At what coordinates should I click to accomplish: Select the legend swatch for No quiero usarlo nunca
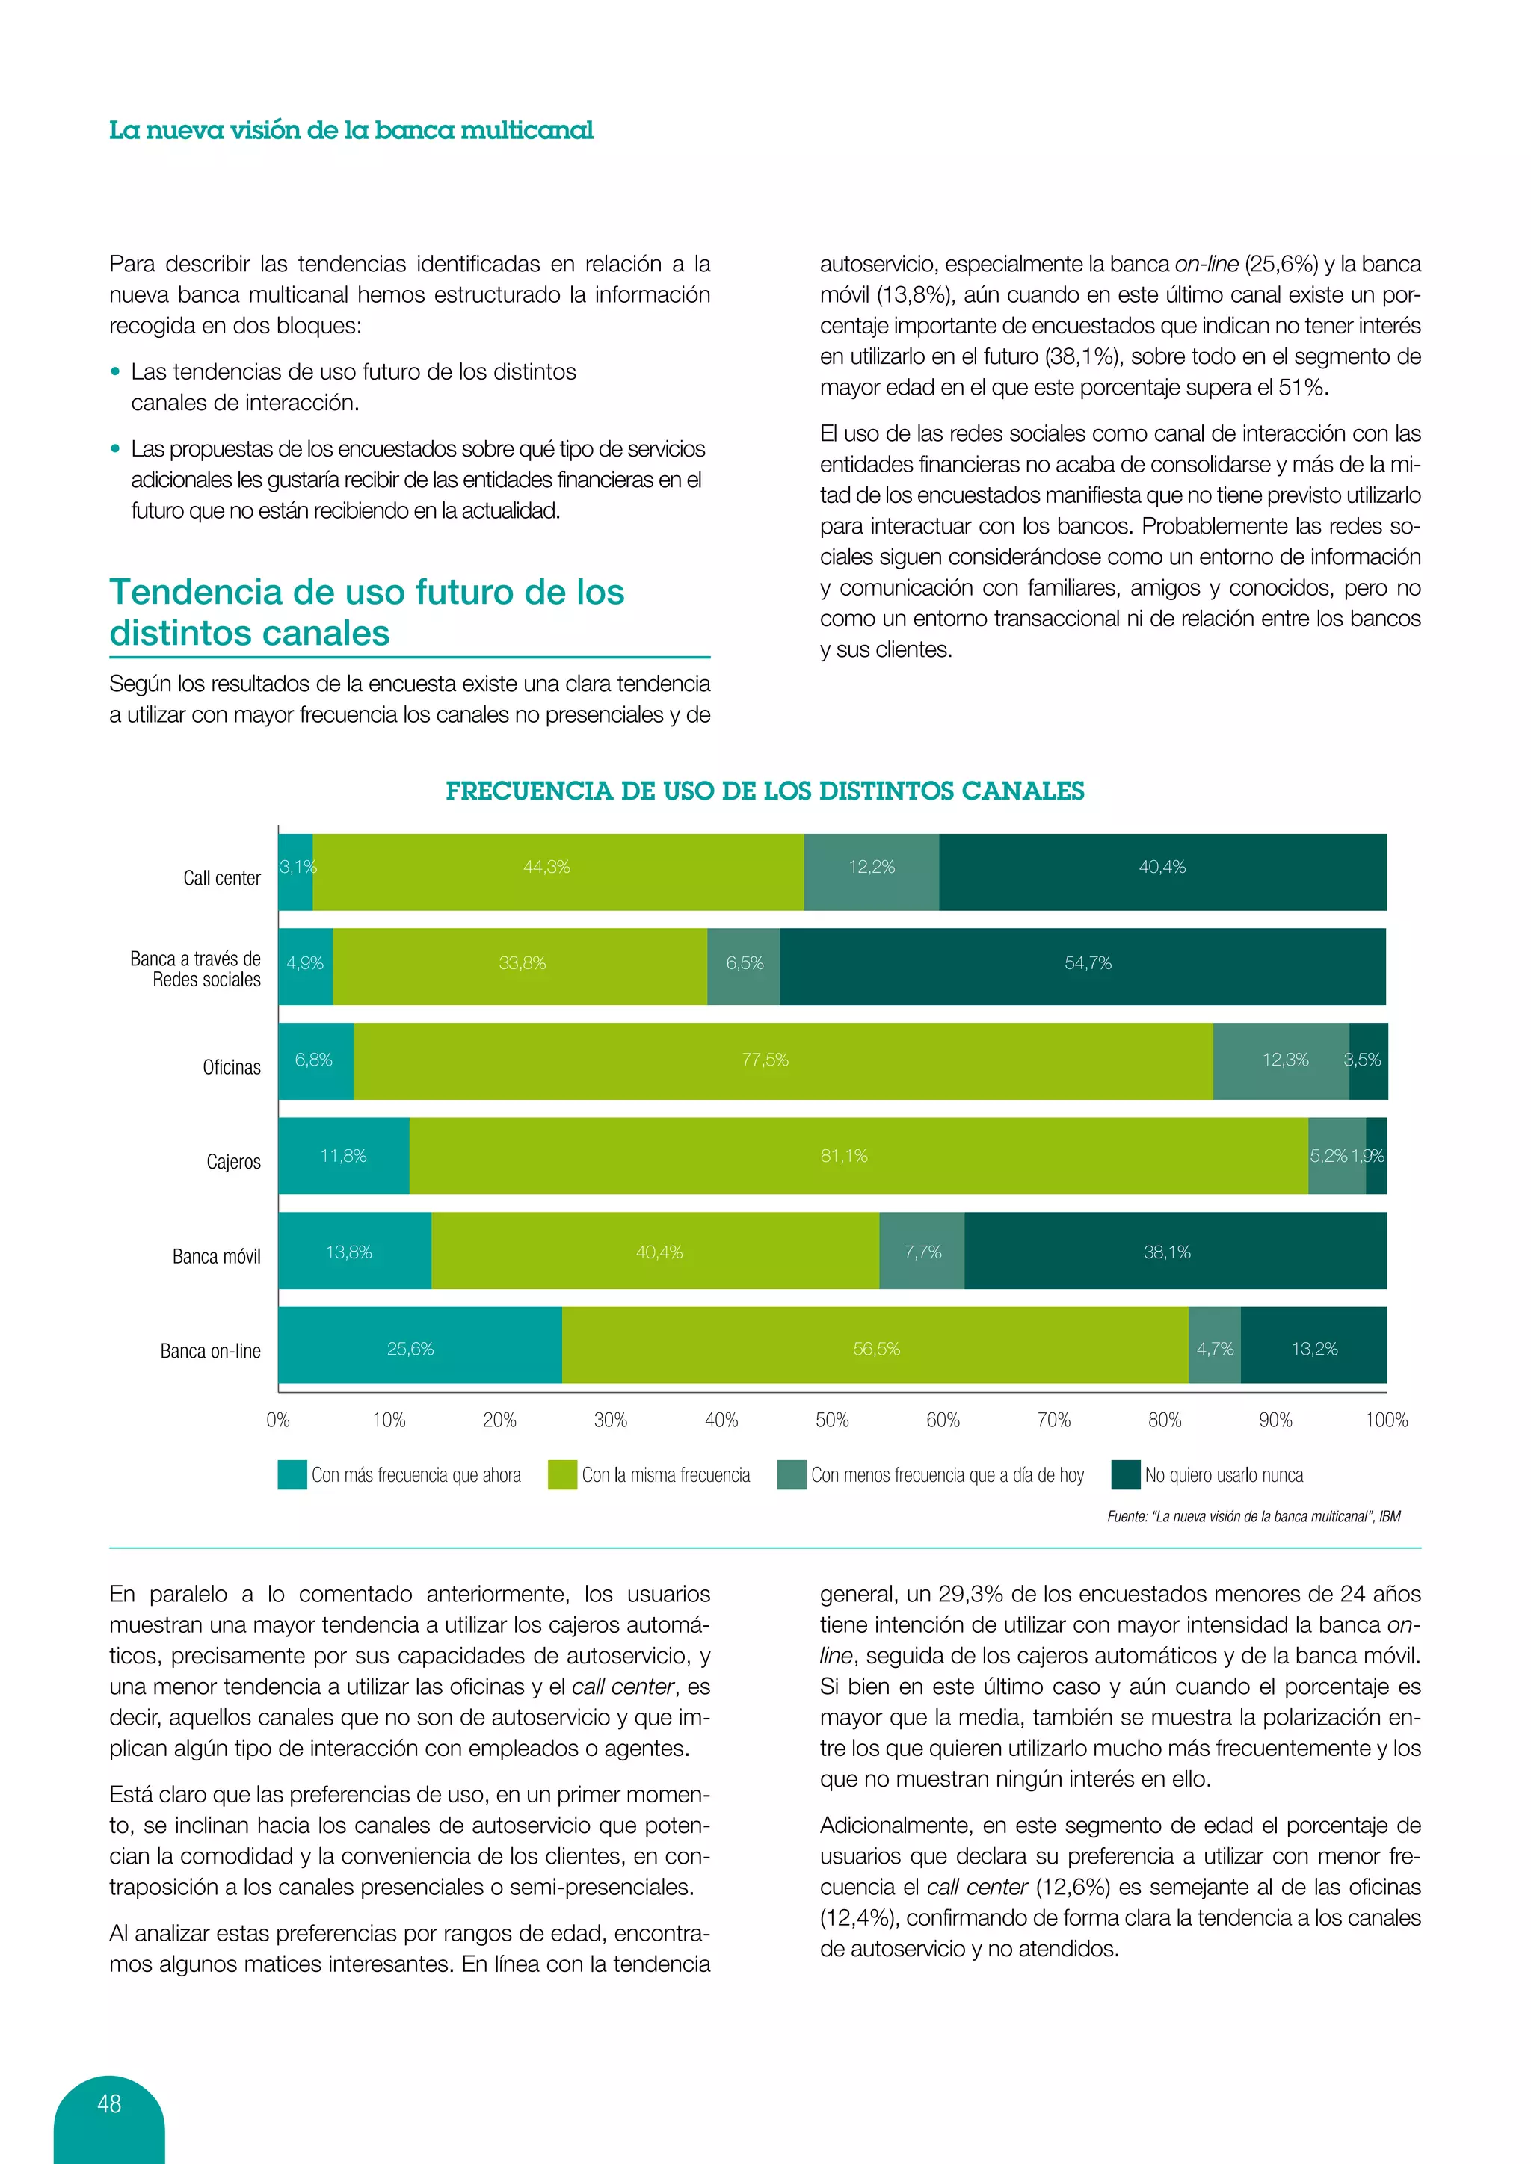pyautogui.click(x=1126, y=1474)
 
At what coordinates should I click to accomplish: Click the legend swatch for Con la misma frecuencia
pyautogui.click(x=562, y=1474)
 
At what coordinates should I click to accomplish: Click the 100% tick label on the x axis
pyautogui.click(x=1386, y=1420)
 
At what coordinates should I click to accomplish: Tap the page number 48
pyautogui.click(x=109, y=2103)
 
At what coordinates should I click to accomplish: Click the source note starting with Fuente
pyautogui.click(x=1253, y=1516)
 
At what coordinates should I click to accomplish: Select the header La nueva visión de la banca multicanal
pyautogui.click(x=351, y=130)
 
